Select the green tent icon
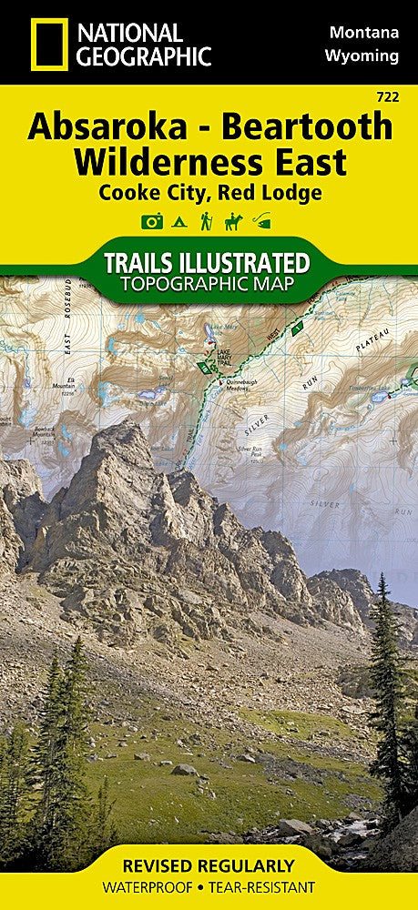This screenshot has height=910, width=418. (x=180, y=221)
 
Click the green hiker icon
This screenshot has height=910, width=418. (x=207, y=221)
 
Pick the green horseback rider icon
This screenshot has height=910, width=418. (x=234, y=221)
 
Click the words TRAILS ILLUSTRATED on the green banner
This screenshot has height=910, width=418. (x=209, y=263)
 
